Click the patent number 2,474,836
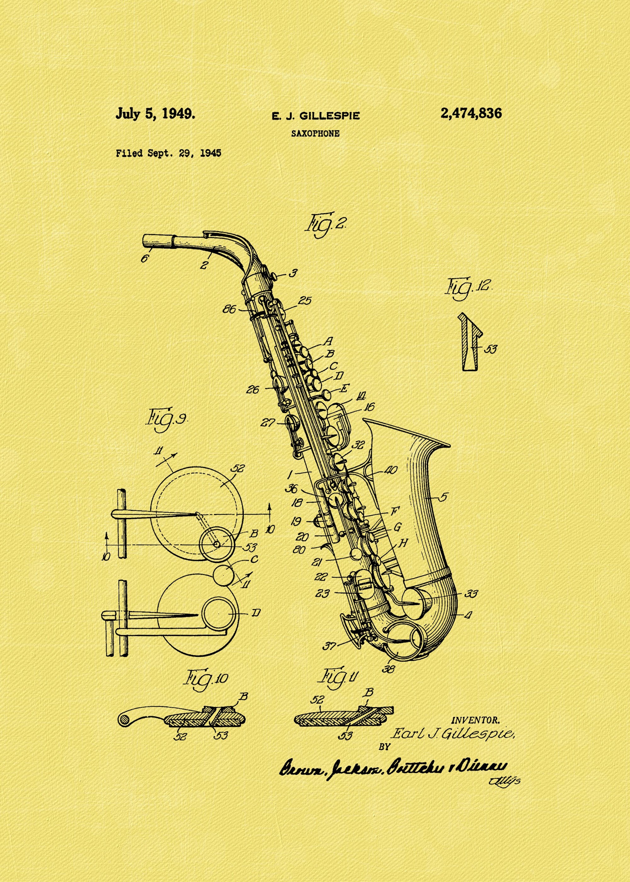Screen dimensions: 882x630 471,114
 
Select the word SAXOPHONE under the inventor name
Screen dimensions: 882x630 315,134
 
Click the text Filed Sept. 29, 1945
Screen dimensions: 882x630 168,153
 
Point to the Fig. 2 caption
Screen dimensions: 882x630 325,225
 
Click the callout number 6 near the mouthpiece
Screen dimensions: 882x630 144,258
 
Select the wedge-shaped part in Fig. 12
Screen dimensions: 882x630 469,343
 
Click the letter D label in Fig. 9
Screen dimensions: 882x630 256,613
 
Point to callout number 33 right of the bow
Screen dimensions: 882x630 471,593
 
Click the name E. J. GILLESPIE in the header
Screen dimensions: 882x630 315,116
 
